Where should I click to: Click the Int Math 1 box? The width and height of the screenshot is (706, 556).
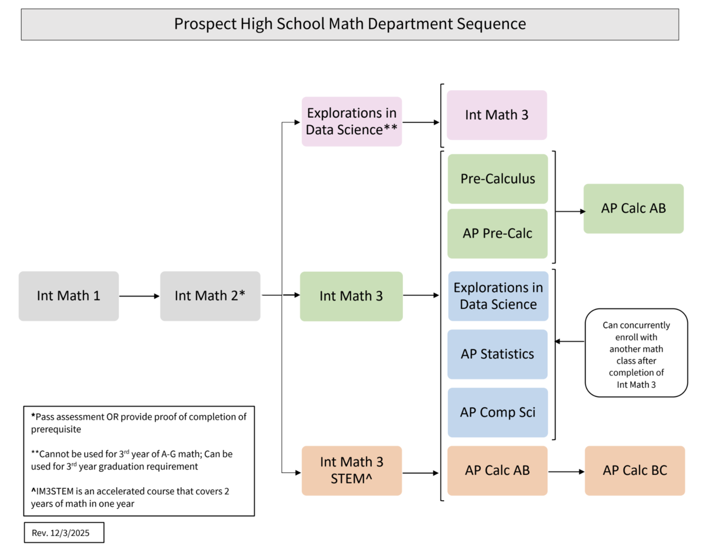tap(68, 296)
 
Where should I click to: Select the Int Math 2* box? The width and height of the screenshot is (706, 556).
tap(210, 296)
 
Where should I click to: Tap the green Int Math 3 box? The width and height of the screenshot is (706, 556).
tap(351, 296)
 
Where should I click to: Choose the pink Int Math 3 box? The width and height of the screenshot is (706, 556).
tap(497, 115)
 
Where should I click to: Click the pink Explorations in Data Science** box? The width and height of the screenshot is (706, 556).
tap(352, 121)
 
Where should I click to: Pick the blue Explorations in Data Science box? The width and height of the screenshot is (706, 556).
tap(498, 296)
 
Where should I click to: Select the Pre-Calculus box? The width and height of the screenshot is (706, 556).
tap(498, 179)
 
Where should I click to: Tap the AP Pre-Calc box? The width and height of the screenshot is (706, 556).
tap(498, 234)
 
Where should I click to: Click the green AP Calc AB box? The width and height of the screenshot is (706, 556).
tap(634, 208)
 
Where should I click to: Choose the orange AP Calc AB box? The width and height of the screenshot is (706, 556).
tap(498, 470)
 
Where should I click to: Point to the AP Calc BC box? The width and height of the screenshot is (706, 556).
tap(635, 470)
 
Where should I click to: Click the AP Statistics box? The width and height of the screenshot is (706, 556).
tap(498, 354)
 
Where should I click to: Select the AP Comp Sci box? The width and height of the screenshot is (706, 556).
tap(498, 412)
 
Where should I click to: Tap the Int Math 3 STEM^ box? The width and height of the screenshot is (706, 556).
tap(352, 470)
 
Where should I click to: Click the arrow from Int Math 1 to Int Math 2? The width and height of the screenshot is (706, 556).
tap(139, 296)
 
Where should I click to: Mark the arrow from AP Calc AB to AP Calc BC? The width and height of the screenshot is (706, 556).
tap(566, 471)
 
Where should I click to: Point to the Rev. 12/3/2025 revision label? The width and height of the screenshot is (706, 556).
tap(64, 532)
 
